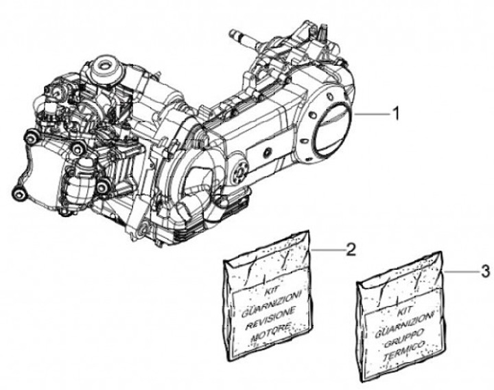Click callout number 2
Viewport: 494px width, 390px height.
pos(350,250)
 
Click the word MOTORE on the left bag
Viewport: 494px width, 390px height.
pos(273,328)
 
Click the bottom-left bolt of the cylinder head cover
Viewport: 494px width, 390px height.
pos(22,194)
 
